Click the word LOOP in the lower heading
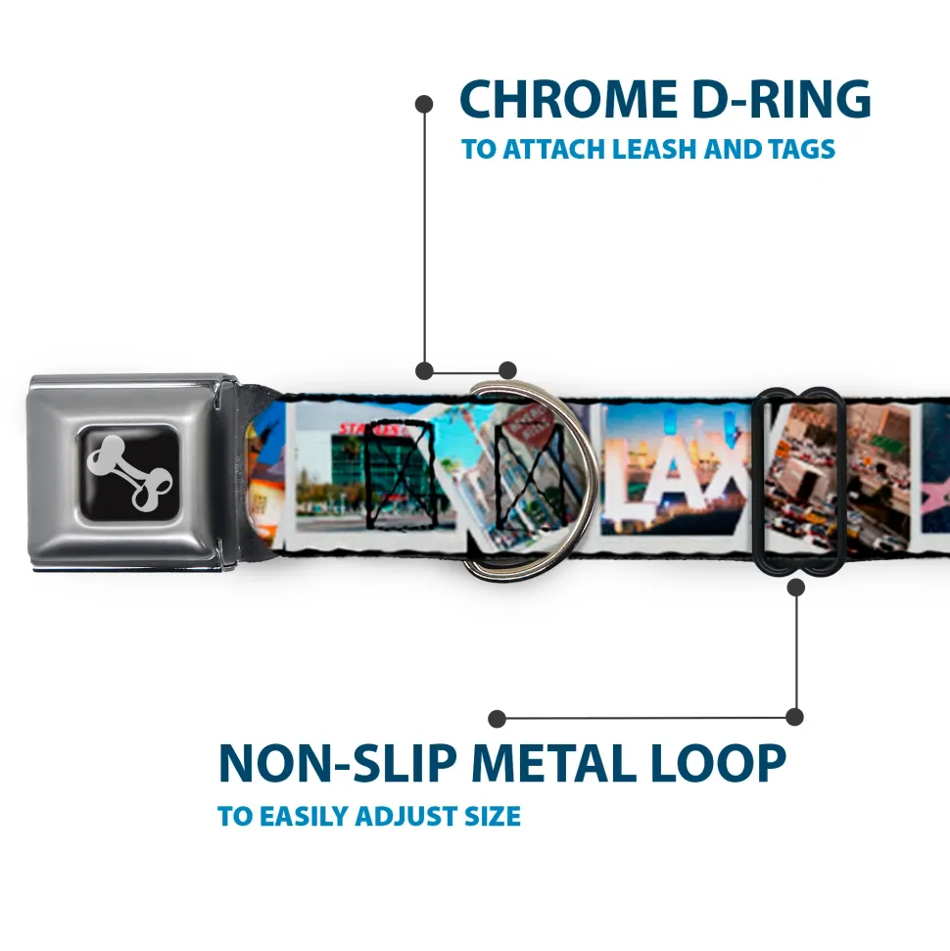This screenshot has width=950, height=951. click(x=721, y=764)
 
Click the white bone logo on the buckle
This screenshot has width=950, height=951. click(x=130, y=472)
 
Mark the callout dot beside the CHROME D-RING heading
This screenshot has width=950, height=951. click(x=424, y=102)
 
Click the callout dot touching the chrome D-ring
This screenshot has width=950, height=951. click(x=507, y=370)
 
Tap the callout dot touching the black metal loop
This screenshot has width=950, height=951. click(x=795, y=588)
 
